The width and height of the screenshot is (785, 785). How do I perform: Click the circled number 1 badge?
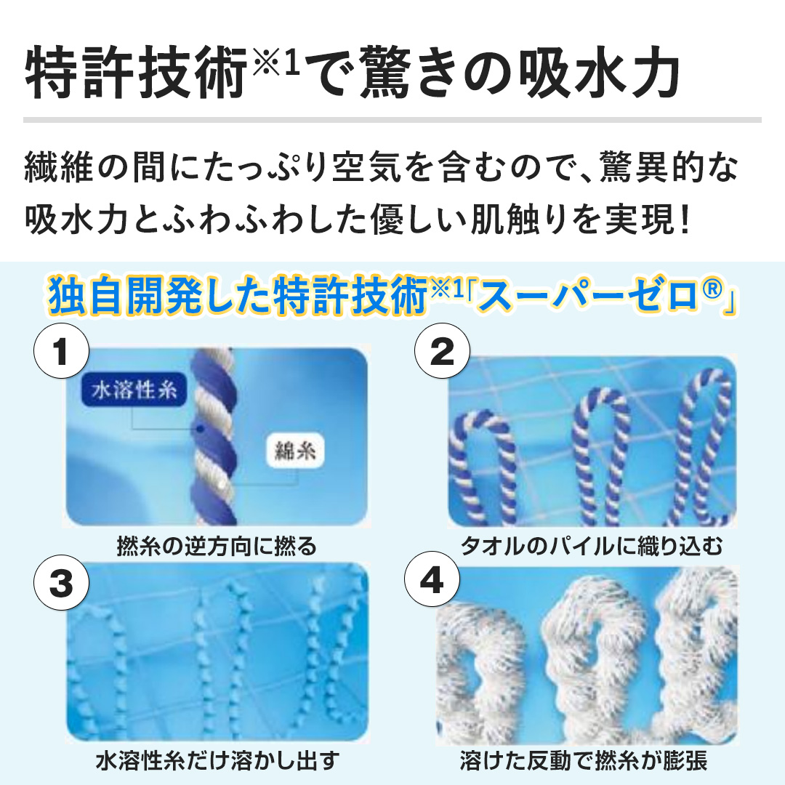tap(62, 351)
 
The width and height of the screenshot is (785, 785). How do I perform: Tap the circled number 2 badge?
tap(442, 351)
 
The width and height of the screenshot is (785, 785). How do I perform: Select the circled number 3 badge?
tap(62, 582)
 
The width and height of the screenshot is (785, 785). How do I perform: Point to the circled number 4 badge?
tap(432, 579)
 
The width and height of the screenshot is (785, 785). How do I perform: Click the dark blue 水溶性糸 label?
tap(134, 390)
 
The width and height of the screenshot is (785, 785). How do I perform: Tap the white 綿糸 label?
tap(295, 451)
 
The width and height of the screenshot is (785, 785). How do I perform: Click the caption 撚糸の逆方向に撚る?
tap(217, 546)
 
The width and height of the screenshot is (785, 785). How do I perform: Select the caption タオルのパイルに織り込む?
tap(592, 546)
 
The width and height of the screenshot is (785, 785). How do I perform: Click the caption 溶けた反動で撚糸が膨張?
tap(584, 761)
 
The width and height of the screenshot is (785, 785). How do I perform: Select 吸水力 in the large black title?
tap(599, 73)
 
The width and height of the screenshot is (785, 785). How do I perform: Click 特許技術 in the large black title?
tap(136, 73)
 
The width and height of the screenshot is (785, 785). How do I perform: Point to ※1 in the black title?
tap(276, 62)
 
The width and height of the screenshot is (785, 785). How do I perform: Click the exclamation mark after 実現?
tap(685, 220)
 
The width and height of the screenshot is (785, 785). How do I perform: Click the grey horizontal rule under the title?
tap(392, 120)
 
